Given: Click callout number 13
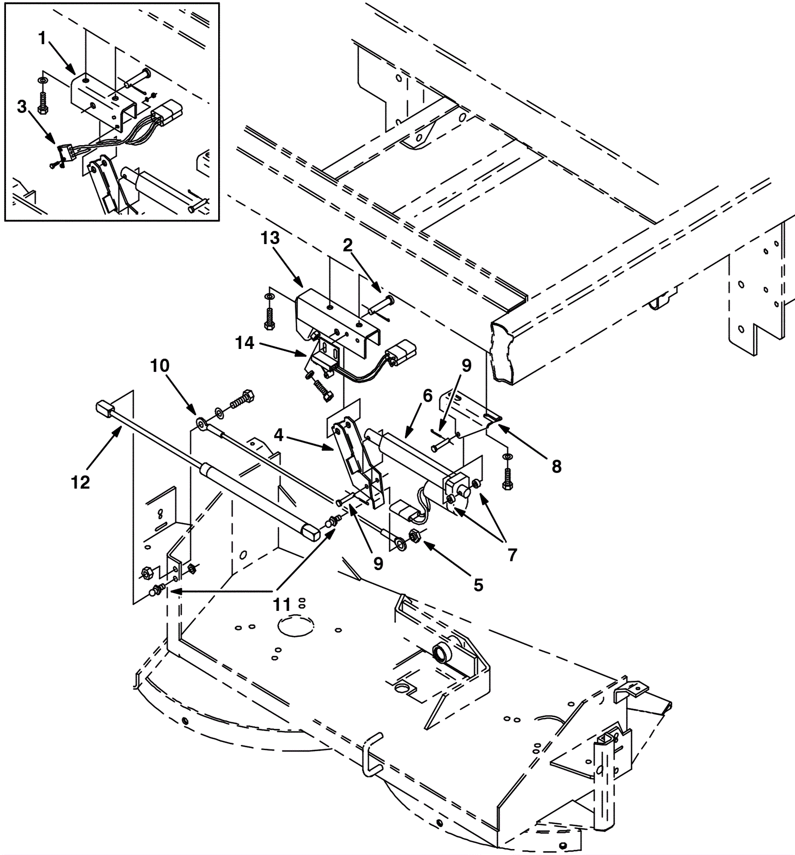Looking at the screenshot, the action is point(270,238).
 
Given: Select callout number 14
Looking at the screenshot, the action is point(244,343).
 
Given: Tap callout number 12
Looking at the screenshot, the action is point(80,482).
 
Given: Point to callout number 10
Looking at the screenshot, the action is point(160,366).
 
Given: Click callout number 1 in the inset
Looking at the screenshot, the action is point(42,38).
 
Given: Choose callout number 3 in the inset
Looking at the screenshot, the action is point(22,106).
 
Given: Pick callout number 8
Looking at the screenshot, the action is point(556,466).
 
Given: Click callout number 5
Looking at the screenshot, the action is point(478,585).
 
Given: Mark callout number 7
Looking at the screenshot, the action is point(512,554).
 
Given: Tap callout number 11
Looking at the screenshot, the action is point(282,605).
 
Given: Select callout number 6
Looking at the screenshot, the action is point(428,396).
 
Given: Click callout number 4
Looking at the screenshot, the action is point(278,435).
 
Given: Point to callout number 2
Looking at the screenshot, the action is point(348,245).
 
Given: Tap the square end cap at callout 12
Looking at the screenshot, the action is point(103,409).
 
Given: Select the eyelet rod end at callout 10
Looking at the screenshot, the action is point(202,424).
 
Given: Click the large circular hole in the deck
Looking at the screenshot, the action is point(297,626).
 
